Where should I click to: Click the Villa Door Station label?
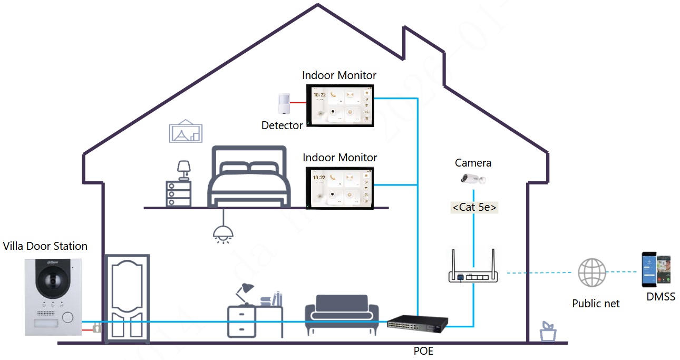click(45, 246)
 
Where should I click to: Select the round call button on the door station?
click(67, 317)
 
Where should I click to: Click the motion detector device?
click(284, 103)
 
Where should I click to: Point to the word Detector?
click(282, 125)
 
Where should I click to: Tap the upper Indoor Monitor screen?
click(340, 105)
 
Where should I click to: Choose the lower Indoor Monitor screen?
click(340, 187)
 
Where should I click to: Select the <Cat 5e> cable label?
click(474, 207)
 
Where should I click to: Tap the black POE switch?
click(417, 323)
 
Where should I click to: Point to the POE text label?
click(423, 351)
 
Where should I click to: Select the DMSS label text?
click(660, 297)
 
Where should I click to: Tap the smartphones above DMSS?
click(656, 269)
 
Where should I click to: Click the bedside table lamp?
click(183, 170)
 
